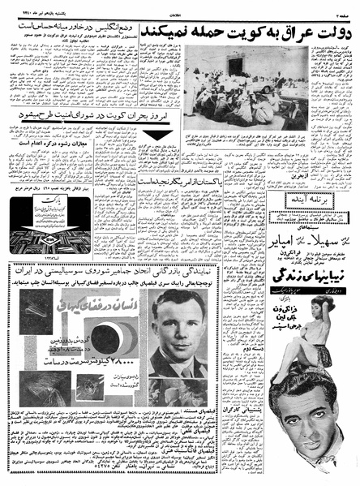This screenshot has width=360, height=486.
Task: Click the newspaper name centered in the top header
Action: click(178, 6)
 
